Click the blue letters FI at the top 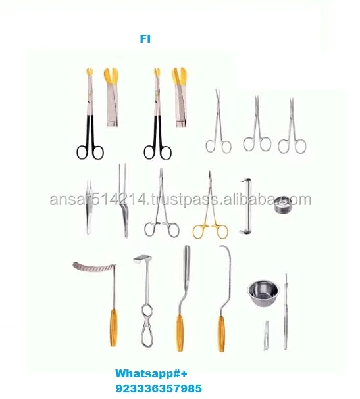point(145,39)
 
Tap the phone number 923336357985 point(159,388)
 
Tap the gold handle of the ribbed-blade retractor point(114,327)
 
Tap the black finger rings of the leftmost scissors point(90,151)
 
